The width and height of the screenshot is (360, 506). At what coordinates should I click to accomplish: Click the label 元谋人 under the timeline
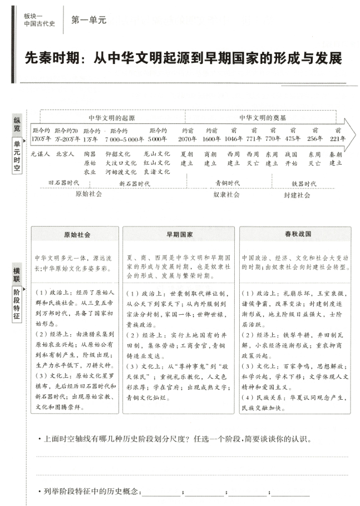click(41, 154)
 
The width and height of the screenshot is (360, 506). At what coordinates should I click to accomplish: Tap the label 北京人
click(65, 154)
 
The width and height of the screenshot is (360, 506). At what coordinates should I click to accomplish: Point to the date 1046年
click(234, 139)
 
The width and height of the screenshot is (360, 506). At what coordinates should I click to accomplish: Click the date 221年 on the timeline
click(336, 139)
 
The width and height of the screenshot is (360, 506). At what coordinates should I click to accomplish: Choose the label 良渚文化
click(156, 172)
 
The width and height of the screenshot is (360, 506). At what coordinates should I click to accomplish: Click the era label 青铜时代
click(228, 182)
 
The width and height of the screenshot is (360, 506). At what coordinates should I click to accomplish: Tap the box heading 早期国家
click(179, 235)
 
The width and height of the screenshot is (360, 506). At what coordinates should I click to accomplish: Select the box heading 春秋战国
click(295, 235)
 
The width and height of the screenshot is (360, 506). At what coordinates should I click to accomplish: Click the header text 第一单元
click(88, 20)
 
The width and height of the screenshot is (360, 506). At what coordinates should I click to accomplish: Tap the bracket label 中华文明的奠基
click(263, 118)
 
